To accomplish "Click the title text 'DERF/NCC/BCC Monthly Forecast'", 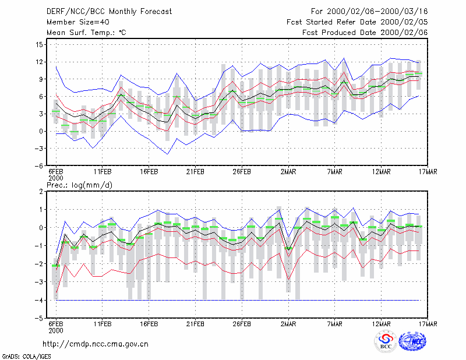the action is point(109,12).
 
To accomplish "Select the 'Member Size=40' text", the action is point(78,22).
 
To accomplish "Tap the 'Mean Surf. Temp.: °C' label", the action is point(86,33).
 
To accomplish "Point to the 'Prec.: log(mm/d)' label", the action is point(79,185).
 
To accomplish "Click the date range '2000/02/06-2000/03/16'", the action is point(377,12).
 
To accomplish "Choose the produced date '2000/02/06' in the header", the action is point(404,33).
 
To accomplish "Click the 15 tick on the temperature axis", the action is point(39,45).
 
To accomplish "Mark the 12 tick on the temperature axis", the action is point(39,62).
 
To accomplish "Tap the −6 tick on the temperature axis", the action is point(38,165).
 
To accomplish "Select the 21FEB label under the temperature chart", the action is point(195,172).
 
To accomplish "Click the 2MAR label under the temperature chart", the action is point(288,172).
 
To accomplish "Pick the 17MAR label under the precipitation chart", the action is point(428,324).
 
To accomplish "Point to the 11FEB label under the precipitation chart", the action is point(103,324).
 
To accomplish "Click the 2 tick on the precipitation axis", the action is point(41,192).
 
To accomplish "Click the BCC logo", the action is point(386,342).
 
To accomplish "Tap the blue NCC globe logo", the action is point(412,341).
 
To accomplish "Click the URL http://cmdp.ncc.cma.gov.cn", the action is point(96,344).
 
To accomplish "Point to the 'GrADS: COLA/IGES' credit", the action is point(26,357).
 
